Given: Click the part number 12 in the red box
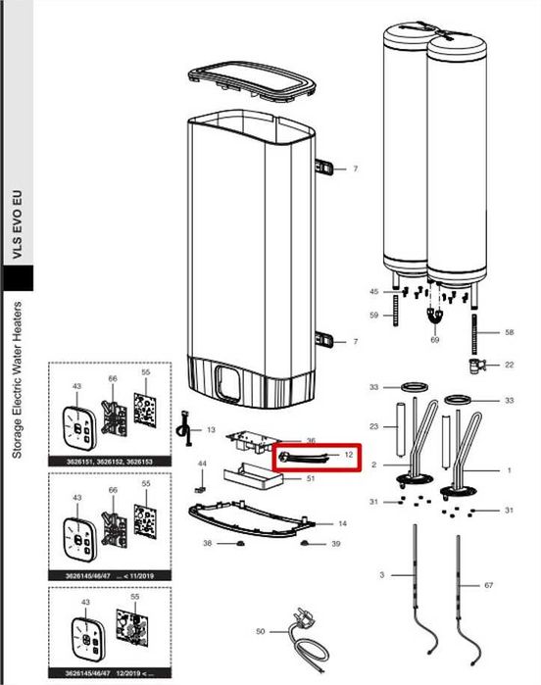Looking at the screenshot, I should tap(347, 455).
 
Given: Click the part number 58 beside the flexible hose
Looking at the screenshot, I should tap(509, 333).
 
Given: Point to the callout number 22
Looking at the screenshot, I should tap(509, 365).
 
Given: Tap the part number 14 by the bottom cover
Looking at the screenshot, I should tap(342, 524).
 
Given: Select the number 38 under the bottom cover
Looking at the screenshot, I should tap(207, 543).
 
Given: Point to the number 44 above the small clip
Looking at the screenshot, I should tap(202, 463).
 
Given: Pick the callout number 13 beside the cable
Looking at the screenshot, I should tap(210, 429).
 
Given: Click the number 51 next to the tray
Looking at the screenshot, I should tap(337, 479).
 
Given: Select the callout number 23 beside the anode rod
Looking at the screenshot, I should tap(373, 426).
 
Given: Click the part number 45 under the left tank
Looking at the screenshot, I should tap(373, 292).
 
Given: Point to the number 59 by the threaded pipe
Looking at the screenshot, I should tap(373, 315).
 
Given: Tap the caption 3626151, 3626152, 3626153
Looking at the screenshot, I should tap(110, 459).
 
